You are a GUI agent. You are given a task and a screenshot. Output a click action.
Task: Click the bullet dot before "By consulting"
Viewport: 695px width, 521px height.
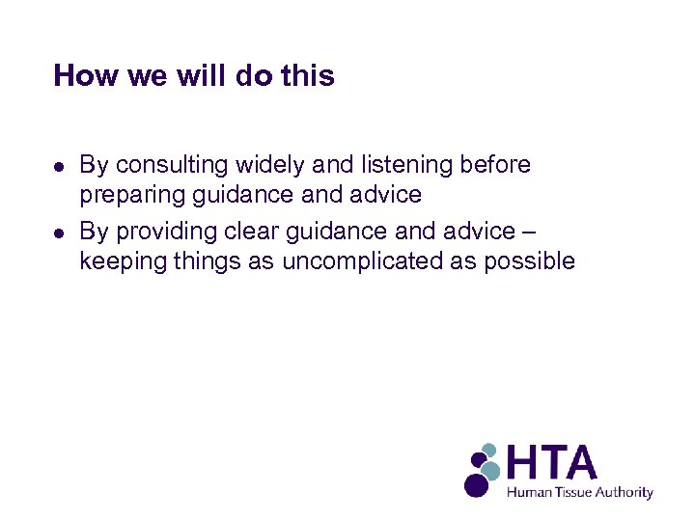pyautogui.click(x=59, y=166)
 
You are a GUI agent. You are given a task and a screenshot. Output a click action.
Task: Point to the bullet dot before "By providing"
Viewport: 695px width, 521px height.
pyautogui.click(x=59, y=232)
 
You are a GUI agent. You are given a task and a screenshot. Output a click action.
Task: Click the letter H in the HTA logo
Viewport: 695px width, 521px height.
pyautogui.click(x=527, y=463)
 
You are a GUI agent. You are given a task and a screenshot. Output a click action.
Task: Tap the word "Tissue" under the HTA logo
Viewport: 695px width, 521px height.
pyautogui.click(x=572, y=492)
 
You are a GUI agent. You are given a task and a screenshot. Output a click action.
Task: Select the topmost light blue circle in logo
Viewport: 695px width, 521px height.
pyautogui.click(x=488, y=450)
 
